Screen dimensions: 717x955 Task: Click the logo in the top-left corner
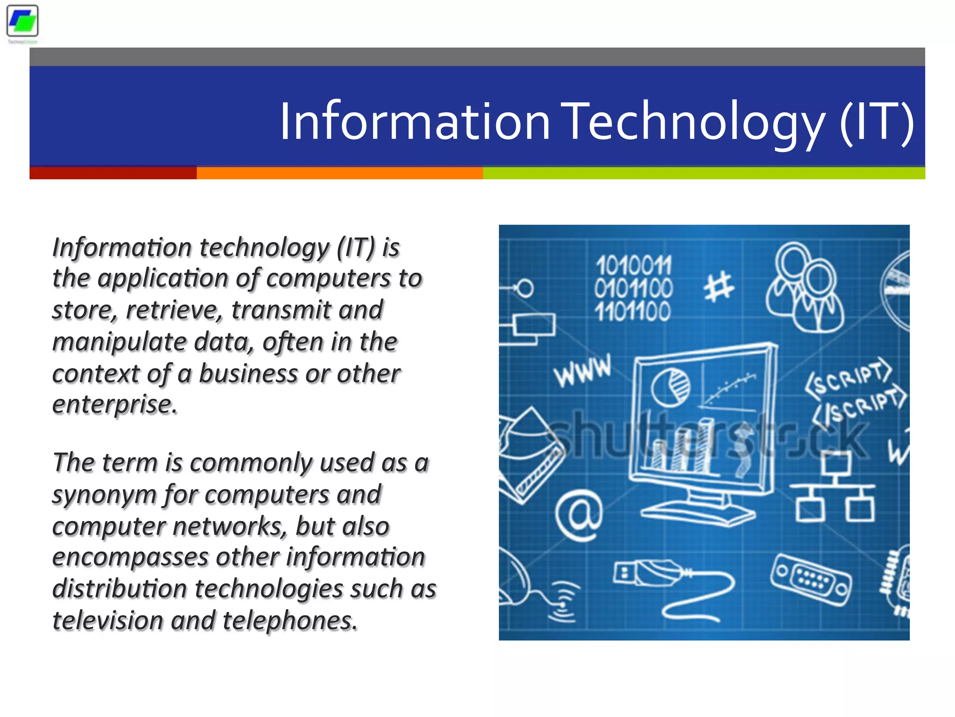click(22, 21)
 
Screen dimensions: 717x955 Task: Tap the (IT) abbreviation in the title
click(877, 122)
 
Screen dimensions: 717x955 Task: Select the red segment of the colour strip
click(113, 173)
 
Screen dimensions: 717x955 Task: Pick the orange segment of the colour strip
click(339, 173)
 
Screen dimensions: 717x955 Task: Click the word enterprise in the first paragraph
click(114, 404)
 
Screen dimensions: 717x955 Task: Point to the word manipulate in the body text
click(119, 342)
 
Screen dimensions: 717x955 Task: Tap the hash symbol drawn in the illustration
click(718, 287)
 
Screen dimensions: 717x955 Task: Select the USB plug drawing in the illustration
click(648, 574)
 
